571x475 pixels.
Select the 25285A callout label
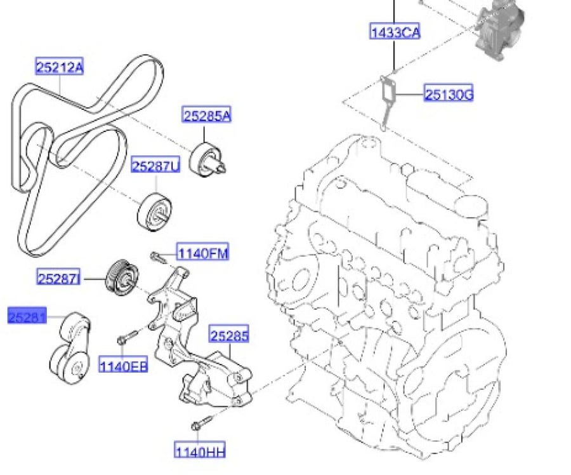[x=207, y=115]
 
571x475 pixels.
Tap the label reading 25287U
[x=155, y=166]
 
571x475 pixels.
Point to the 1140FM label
[x=203, y=252]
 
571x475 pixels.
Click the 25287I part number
[x=58, y=278]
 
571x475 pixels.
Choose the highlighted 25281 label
[x=27, y=316]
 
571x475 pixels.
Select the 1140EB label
[x=124, y=365]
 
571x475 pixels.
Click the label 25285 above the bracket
[x=229, y=334]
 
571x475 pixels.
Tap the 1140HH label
[x=200, y=451]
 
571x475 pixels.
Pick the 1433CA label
[x=395, y=32]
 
